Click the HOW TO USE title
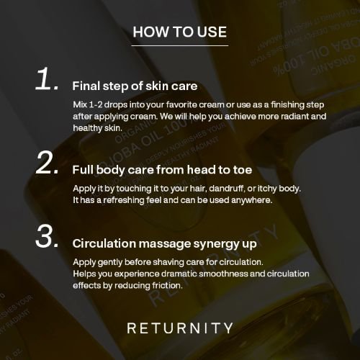coord(180,32)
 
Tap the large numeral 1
coord(47,78)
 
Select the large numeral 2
coord(47,162)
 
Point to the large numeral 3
coord(47,236)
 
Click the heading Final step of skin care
coord(135,86)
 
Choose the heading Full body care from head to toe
coord(162,170)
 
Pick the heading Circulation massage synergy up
coord(165,244)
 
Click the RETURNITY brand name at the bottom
coord(180,328)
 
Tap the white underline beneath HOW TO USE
coord(180,45)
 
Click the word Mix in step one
coord(80,104)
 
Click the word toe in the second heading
coord(243,170)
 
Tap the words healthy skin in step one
coord(97,128)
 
